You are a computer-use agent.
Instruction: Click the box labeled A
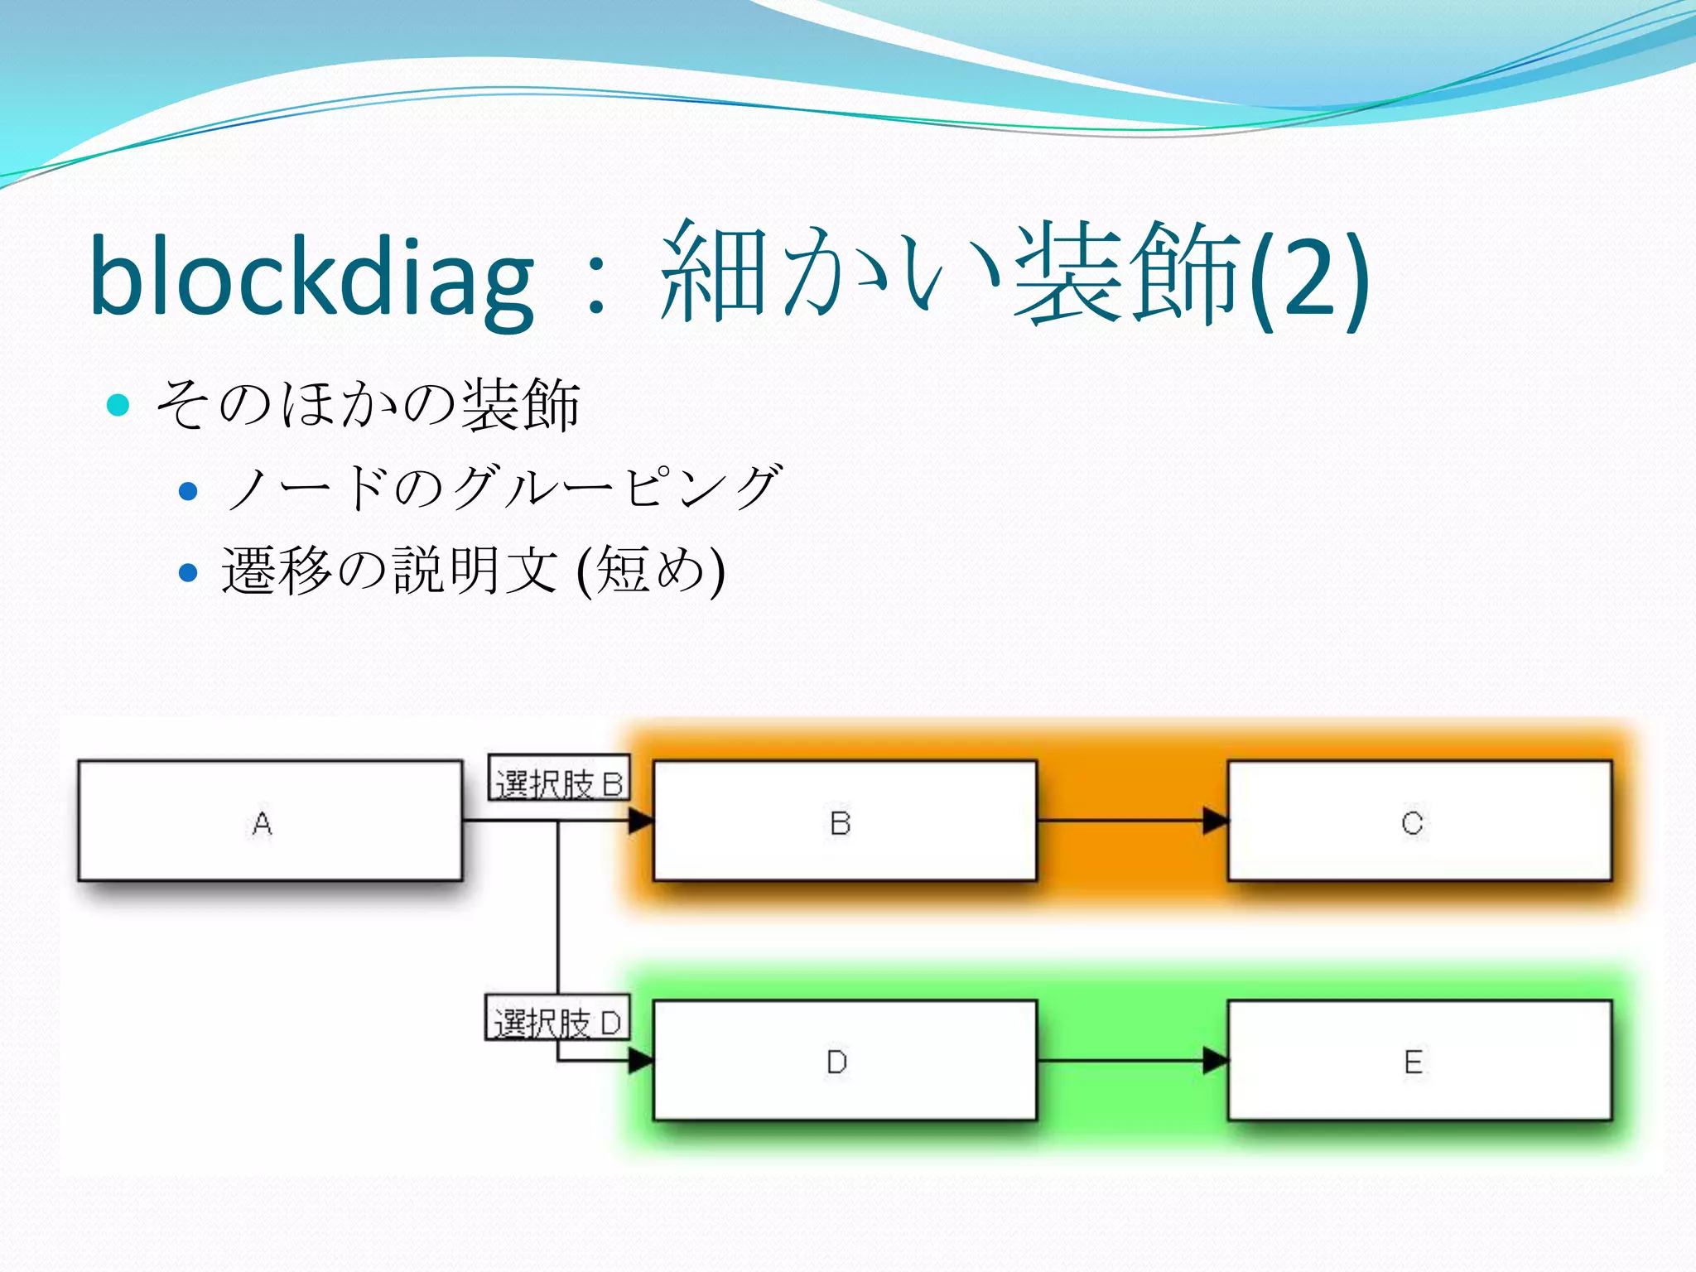(270, 821)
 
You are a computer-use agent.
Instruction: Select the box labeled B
(845, 821)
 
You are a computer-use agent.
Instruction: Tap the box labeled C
(1419, 821)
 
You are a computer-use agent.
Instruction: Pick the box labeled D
(845, 1060)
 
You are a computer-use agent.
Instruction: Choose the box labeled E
(1419, 1060)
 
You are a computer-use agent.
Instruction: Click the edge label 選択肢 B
(559, 778)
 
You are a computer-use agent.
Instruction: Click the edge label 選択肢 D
(557, 1019)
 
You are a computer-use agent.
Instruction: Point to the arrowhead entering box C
(1216, 821)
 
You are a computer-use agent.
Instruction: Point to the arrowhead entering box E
(1216, 1060)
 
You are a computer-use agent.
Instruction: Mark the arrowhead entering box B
(640, 821)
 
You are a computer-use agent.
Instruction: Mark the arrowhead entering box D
(640, 1060)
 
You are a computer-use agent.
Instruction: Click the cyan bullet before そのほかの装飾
(119, 405)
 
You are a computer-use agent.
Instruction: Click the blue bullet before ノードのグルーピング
(189, 491)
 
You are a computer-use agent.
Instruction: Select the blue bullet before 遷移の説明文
(189, 572)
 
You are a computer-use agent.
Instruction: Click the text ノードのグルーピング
(501, 487)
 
